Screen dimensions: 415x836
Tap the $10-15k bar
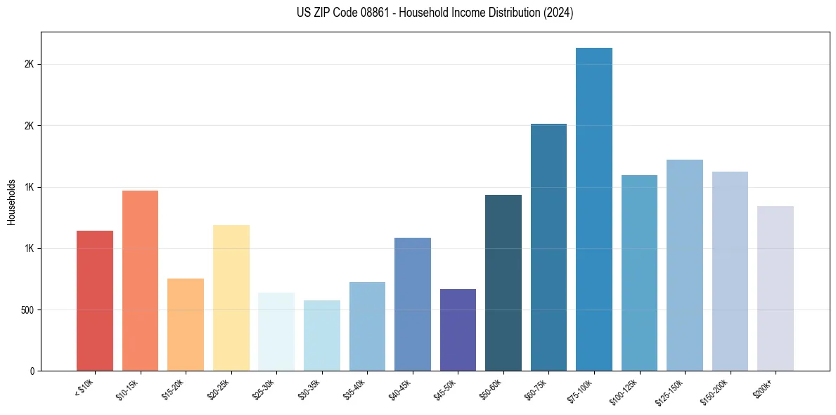click(140, 281)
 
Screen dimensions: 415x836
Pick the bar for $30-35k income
click(321, 336)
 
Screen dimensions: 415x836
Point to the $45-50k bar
click(458, 330)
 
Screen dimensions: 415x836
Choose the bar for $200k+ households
click(775, 288)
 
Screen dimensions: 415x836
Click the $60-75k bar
click(548, 247)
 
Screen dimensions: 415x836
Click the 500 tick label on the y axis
click(27, 309)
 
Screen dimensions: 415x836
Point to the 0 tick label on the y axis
click(32, 371)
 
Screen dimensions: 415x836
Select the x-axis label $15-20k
click(173, 389)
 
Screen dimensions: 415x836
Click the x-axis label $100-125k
click(624, 391)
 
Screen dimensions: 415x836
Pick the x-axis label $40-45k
click(400, 389)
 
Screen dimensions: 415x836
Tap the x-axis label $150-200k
click(714, 391)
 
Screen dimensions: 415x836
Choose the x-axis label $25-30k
click(264, 389)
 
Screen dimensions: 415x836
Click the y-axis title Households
click(11, 202)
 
